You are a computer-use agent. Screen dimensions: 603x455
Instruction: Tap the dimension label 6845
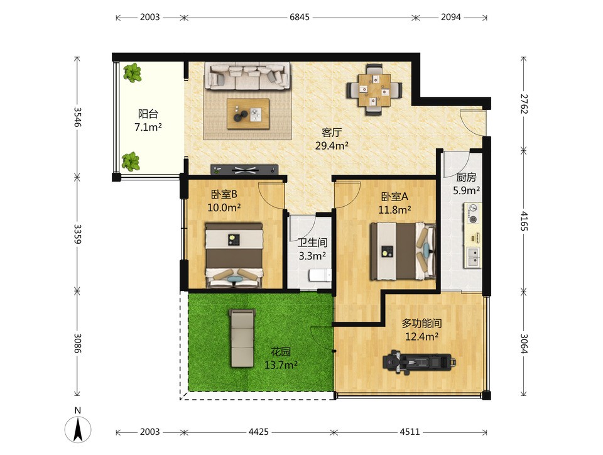click(x=300, y=18)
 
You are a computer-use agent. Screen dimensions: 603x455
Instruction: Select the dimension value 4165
click(x=523, y=221)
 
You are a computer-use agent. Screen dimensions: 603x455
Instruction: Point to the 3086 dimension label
click(x=78, y=343)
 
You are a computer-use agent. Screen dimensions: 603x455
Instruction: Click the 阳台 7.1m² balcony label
click(x=148, y=121)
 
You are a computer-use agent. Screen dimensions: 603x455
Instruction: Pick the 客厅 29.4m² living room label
click(x=332, y=140)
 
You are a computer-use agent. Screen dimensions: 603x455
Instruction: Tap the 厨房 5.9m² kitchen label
click(x=466, y=184)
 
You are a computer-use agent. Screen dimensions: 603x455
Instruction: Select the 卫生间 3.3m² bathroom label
click(x=313, y=249)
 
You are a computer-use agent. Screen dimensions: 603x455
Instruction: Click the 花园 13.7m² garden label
click(x=281, y=358)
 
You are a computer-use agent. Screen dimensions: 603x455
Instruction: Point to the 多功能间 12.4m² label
click(x=422, y=330)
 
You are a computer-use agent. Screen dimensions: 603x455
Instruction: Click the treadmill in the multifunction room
click(x=419, y=362)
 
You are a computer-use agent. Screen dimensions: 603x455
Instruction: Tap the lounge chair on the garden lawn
click(x=242, y=337)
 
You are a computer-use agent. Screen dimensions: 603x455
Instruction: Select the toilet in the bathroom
click(x=320, y=275)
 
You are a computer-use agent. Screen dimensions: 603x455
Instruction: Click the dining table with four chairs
click(x=374, y=90)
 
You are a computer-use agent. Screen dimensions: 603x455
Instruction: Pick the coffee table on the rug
click(x=248, y=114)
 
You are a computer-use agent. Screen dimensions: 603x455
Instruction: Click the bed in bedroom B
click(x=234, y=255)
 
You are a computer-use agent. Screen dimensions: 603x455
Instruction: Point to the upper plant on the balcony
click(x=133, y=73)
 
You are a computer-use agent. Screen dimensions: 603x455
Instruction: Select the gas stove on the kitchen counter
click(x=473, y=214)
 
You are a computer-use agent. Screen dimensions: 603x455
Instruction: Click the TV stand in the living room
click(x=244, y=169)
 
